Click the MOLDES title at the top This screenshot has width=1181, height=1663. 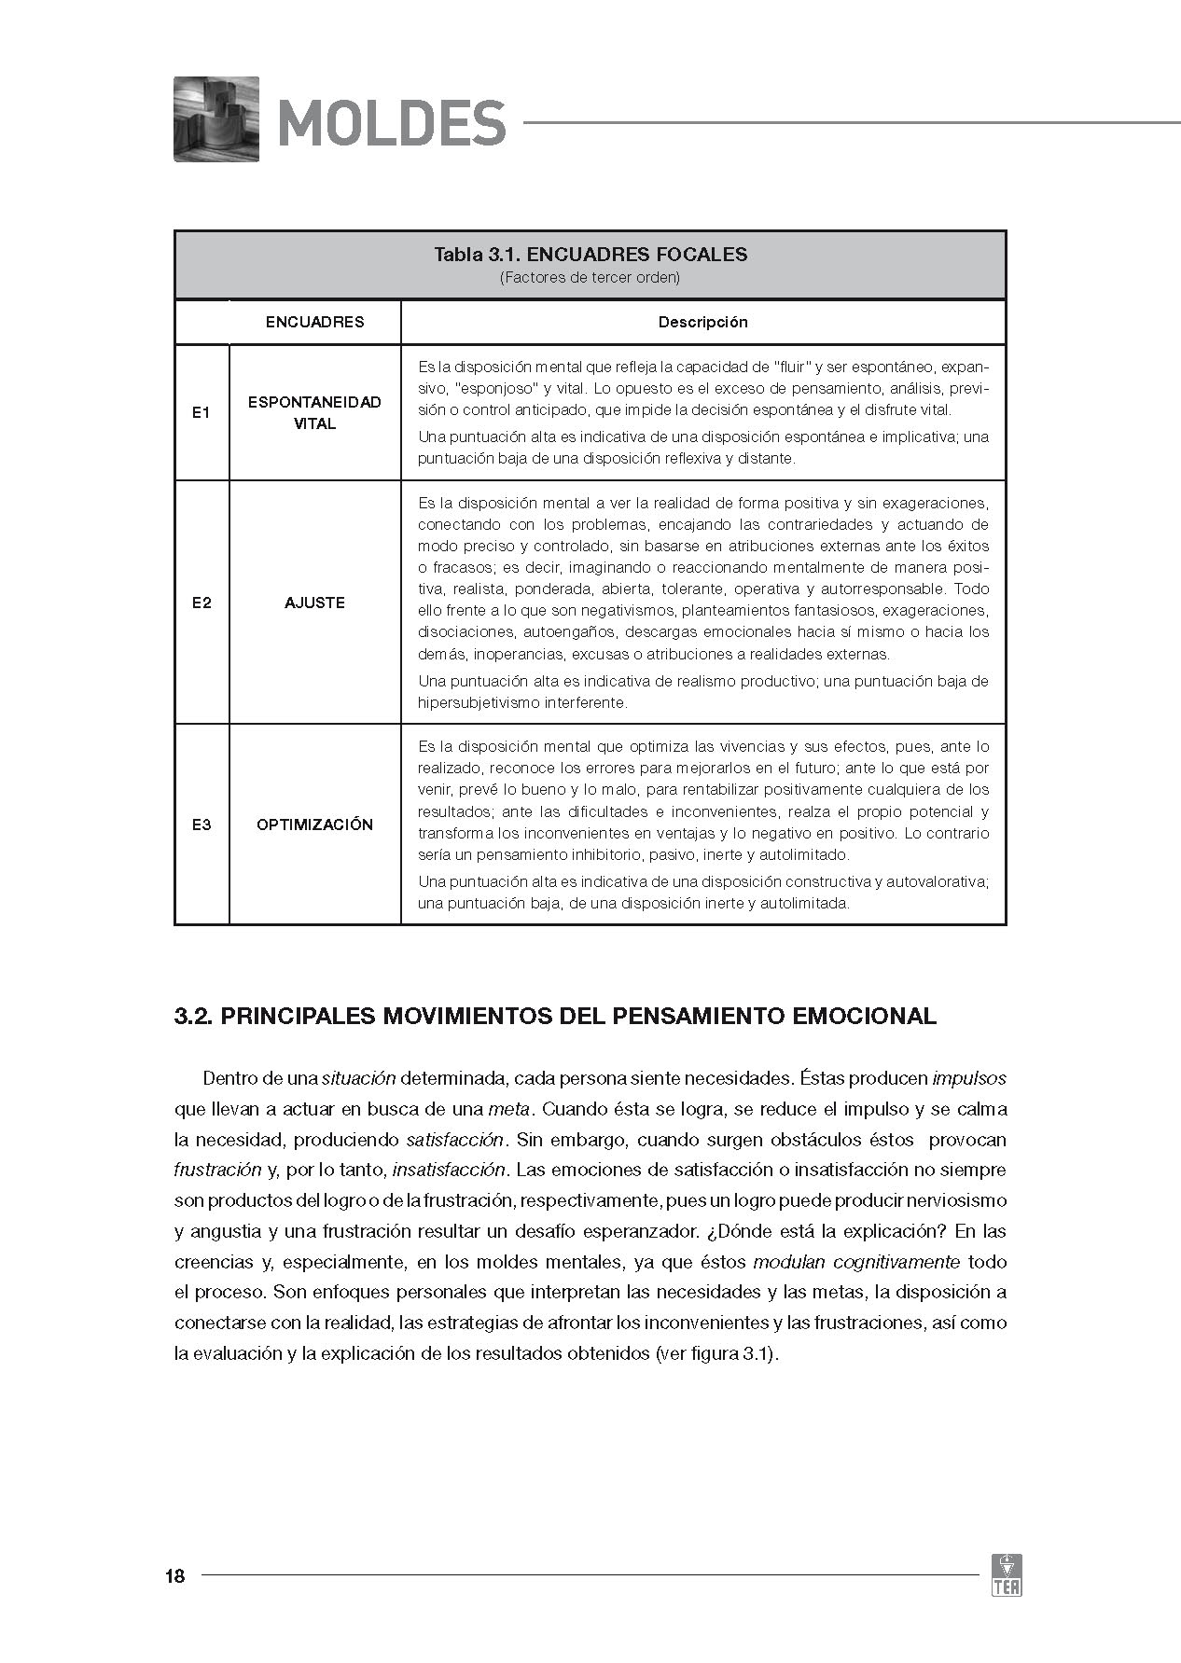392,122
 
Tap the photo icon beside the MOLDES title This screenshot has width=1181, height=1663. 216,118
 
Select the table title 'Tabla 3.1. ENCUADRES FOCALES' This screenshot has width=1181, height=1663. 590,254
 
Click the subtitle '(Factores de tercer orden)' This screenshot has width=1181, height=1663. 590,278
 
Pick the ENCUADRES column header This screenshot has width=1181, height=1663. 314,322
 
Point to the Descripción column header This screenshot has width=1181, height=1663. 702,322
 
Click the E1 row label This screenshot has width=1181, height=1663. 201,412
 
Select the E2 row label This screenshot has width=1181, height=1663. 201,603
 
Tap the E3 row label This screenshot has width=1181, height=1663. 201,825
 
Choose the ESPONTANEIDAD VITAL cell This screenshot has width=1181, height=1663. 314,412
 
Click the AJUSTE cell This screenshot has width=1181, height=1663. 314,603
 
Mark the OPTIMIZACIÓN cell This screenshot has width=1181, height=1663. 314,825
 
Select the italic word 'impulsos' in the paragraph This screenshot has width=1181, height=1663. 969,1078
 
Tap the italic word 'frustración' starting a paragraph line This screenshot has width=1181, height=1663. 217,1170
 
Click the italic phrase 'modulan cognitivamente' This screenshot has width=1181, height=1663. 855,1262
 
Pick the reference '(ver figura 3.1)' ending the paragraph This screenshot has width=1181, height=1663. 716,1353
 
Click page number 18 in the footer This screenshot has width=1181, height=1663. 174,1576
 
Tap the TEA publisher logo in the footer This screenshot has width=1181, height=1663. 1007,1574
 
